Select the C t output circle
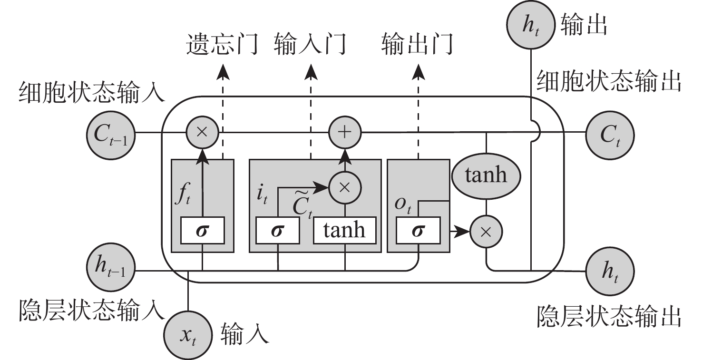[610, 135]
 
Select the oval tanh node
[486, 175]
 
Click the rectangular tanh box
[344, 231]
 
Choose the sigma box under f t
[203, 231]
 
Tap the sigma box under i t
[278, 231]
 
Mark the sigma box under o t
[418, 231]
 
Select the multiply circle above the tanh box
[346, 187]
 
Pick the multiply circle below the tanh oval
[486, 232]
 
